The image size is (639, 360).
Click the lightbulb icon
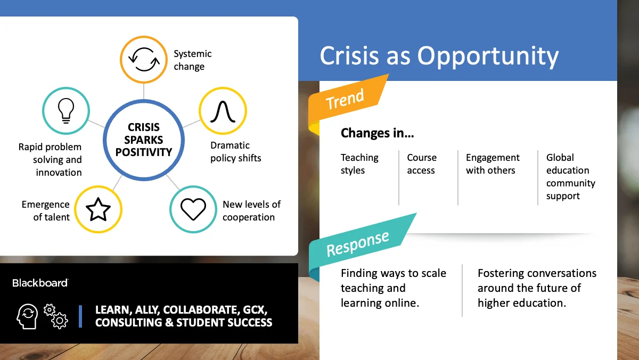click(x=66, y=111)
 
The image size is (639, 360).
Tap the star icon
click(x=98, y=210)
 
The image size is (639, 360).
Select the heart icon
click(x=193, y=209)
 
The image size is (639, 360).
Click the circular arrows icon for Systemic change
click(x=144, y=59)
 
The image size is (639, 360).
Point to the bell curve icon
click(x=223, y=111)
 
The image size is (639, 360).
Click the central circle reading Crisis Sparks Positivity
click(x=144, y=140)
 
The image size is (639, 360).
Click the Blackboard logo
click(x=40, y=283)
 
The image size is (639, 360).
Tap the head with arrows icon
click(x=27, y=316)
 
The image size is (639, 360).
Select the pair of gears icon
click(x=56, y=316)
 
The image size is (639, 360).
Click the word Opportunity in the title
click(x=488, y=56)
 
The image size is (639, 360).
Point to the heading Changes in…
click(x=377, y=133)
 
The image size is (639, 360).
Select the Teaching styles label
click(x=359, y=163)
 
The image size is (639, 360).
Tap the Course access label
click(x=422, y=163)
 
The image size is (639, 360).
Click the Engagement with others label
click(x=493, y=163)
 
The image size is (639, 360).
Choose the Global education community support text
click(x=570, y=177)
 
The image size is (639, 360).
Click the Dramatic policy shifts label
click(x=235, y=151)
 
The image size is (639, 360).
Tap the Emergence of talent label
click(x=46, y=210)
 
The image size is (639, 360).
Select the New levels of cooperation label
click(x=251, y=210)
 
